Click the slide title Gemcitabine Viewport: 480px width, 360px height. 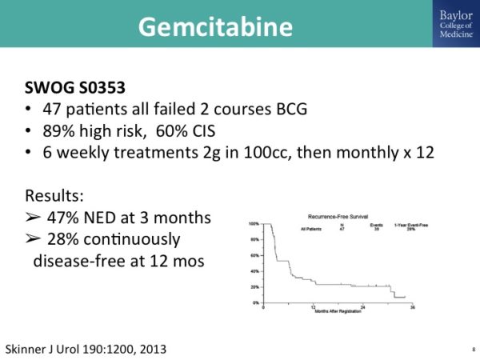coord(215,26)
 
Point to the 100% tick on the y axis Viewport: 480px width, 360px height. coord(254,224)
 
